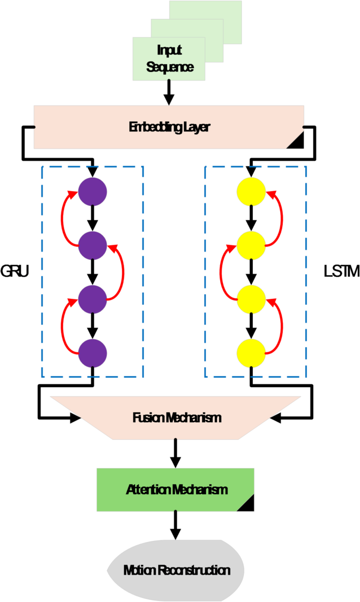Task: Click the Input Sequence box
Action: (x=169, y=59)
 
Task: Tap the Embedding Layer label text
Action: (x=169, y=127)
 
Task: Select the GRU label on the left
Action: (x=15, y=272)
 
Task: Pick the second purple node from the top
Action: (x=92, y=244)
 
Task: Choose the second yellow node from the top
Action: (x=251, y=244)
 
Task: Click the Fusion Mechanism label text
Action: (x=177, y=418)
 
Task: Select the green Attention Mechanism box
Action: (x=176, y=490)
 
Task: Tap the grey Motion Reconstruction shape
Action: (x=177, y=570)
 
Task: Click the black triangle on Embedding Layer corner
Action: (x=296, y=141)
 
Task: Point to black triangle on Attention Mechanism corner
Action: (x=246, y=503)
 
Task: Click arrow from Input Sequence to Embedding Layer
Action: (x=169, y=93)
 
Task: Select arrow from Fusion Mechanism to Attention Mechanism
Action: (x=176, y=452)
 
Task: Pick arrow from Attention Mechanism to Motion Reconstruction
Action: (x=176, y=525)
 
